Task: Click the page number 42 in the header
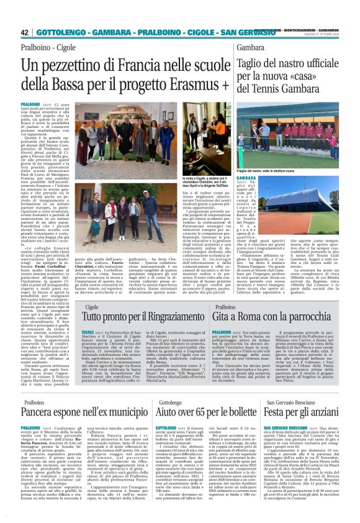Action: (x=25, y=32)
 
